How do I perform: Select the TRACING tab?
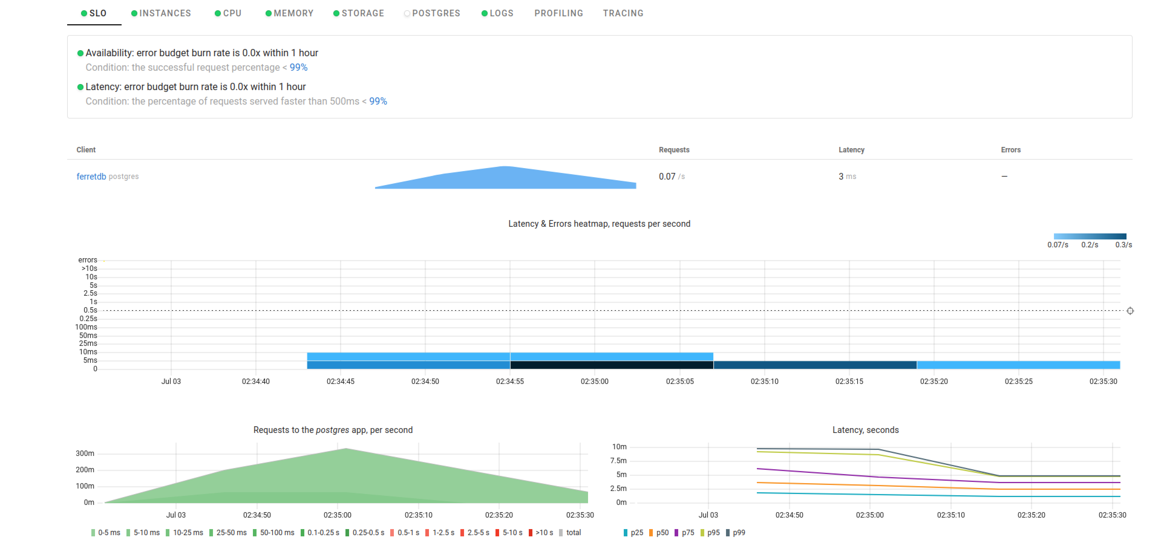click(x=623, y=13)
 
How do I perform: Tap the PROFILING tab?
click(x=558, y=13)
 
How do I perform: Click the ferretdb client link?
click(x=91, y=176)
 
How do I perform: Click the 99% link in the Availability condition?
click(x=298, y=67)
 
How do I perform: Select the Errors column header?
click(x=1010, y=150)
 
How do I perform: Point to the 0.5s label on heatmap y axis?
click(x=90, y=310)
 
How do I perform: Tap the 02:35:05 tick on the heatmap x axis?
click(x=680, y=381)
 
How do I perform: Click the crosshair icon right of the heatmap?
click(x=1130, y=311)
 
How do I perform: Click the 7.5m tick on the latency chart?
click(x=618, y=460)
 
